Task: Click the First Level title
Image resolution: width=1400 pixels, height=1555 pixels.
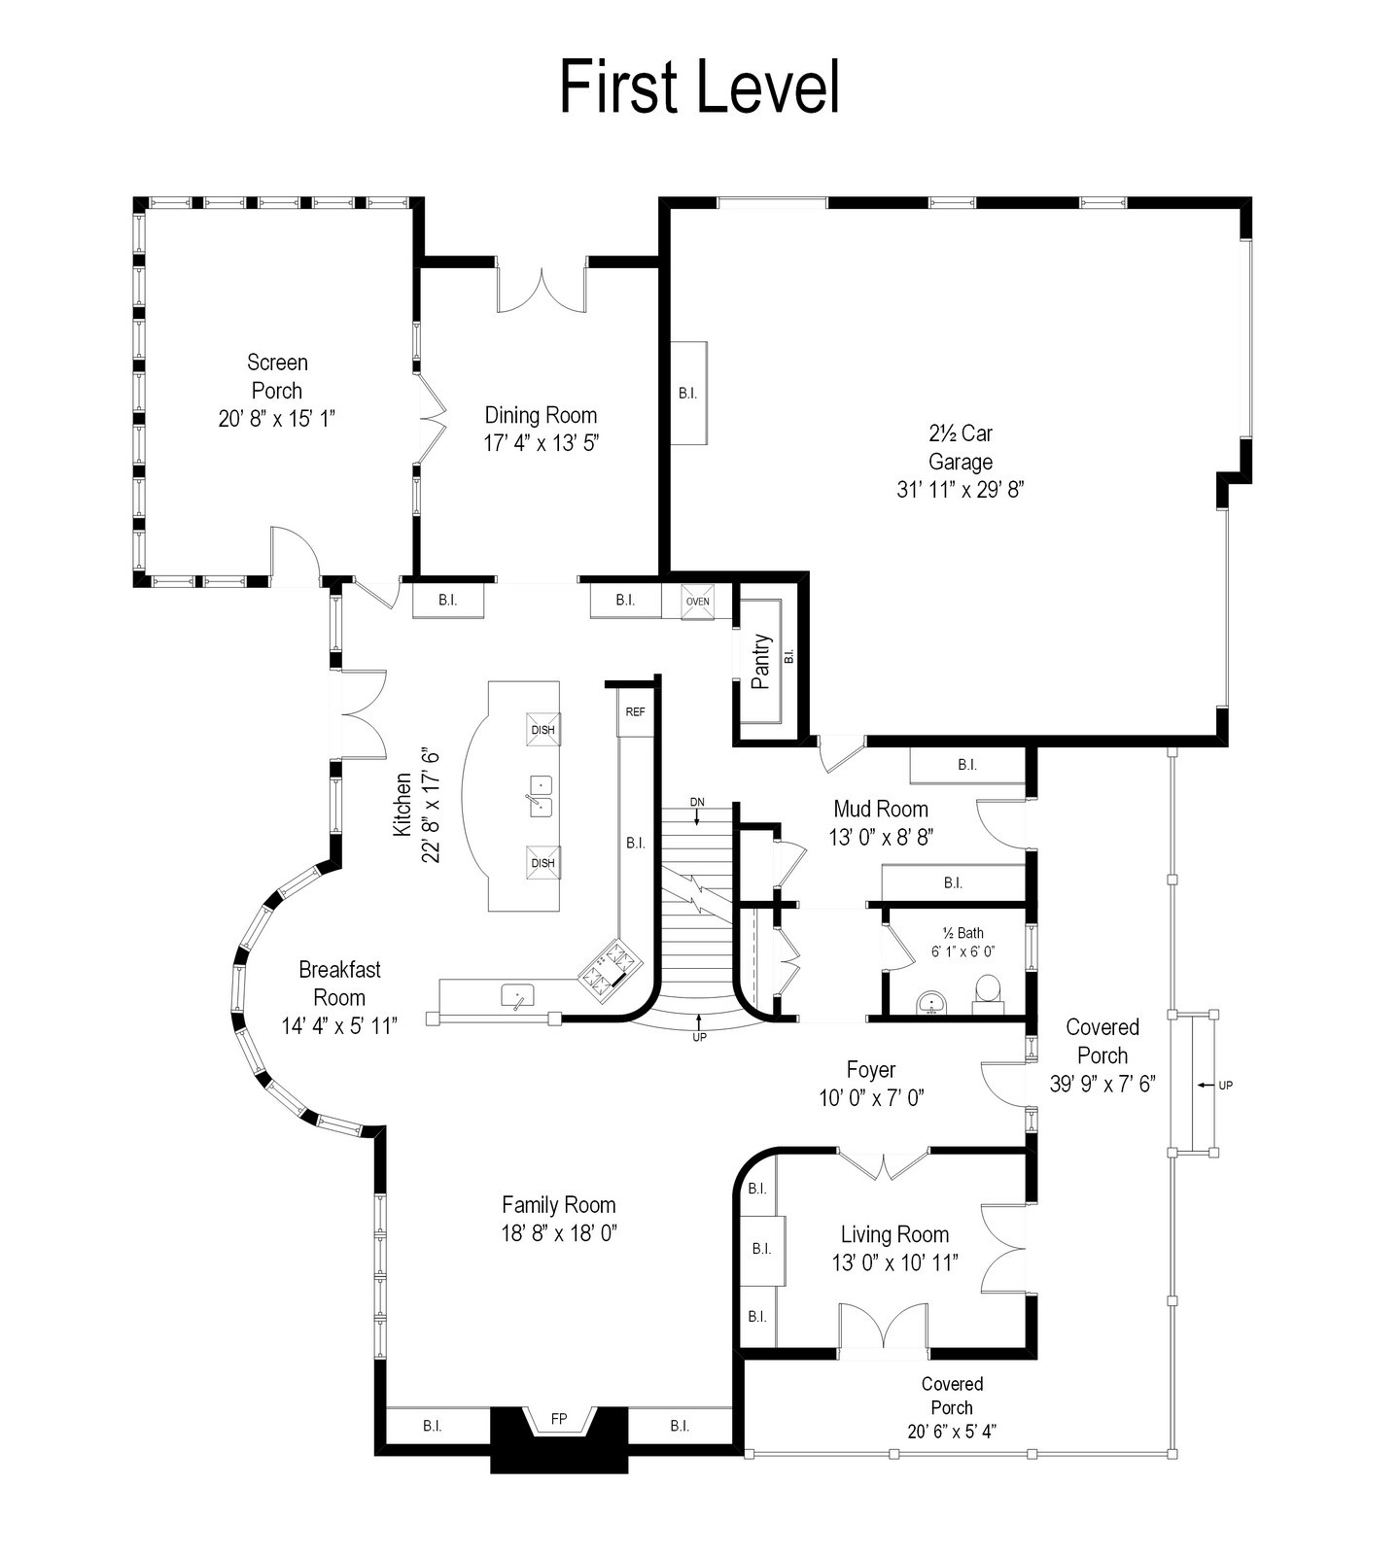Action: tap(699, 86)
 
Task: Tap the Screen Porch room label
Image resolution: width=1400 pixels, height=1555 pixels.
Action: tap(277, 376)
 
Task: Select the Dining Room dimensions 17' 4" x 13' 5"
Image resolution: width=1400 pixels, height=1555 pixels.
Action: tap(541, 443)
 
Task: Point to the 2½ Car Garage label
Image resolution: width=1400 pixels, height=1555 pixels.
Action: tap(961, 447)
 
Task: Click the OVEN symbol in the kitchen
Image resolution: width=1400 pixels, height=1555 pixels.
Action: tap(698, 601)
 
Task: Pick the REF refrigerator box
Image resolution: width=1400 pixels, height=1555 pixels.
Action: tap(635, 712)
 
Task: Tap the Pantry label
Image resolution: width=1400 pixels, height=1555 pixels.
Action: tap(761, 662)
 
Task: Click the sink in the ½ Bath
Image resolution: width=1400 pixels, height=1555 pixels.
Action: tap(931, 1002)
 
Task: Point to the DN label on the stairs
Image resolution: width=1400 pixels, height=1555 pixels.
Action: tap(697, 802)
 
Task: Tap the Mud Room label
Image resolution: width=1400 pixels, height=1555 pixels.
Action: tap(881, 809)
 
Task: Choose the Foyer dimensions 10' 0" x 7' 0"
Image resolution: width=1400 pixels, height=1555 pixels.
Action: tap(871, 1098)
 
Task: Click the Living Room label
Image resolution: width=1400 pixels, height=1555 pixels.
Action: tap(894, 1234)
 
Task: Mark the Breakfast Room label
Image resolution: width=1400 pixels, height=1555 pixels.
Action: tap(339, 984)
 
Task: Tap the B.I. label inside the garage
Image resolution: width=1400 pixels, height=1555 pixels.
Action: tap(687, 394)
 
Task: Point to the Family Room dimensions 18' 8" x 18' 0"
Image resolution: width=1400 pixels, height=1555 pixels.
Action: tap(559, 1233)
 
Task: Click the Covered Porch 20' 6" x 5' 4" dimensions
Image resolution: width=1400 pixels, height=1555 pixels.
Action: tap(952, 1431)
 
